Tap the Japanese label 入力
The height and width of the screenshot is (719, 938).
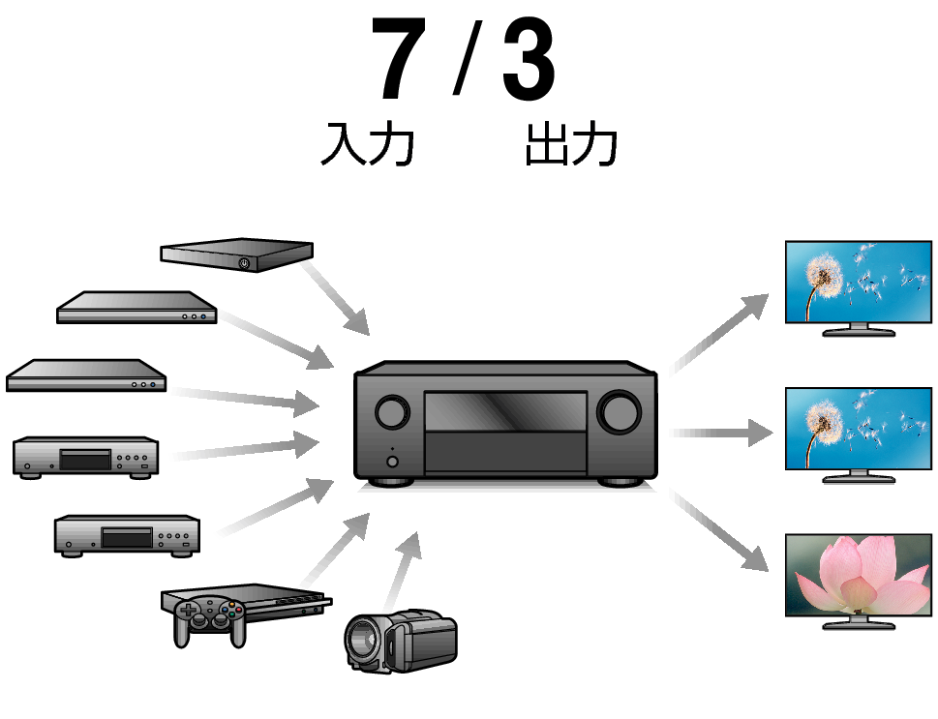367,145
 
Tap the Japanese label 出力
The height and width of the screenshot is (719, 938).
571,145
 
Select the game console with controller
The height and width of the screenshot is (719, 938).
242,610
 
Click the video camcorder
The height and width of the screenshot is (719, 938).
401,638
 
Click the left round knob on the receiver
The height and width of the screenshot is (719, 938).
392,412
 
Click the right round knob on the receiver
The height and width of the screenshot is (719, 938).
617,412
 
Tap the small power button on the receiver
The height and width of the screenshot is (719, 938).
392,461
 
